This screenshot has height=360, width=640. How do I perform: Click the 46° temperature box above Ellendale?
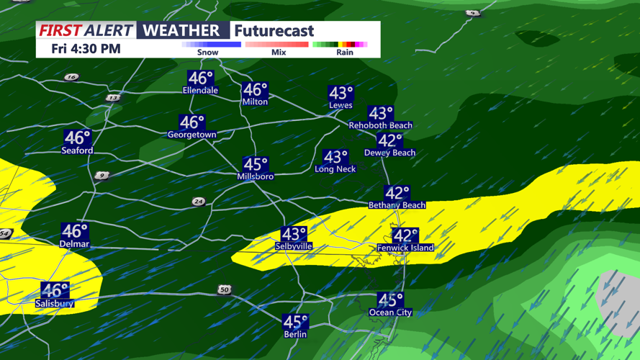pos(201,78)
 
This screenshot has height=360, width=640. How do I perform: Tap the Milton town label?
pos(255,102)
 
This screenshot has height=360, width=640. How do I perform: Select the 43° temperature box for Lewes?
pos(341,94)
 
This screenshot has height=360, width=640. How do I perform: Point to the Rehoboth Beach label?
pos(381,125)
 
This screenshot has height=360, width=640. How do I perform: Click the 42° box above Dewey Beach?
pos(390,140)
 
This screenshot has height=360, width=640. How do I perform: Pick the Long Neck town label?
pos(335,169)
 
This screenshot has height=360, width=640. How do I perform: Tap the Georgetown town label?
pos(192,135)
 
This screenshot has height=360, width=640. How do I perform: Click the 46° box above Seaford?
pos(78,138)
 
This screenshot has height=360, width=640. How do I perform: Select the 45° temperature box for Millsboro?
pos(256,165)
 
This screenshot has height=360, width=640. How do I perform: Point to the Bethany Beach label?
pos(397,205)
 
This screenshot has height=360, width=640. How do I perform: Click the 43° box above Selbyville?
pos(294,234)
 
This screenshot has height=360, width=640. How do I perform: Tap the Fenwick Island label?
pos(405,248)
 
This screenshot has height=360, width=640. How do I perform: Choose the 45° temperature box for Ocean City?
pos(391,300)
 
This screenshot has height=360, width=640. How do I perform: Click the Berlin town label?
pos(295,334)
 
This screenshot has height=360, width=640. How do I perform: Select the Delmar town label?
pos(75,244)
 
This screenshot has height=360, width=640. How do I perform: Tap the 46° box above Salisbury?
pos(55,290)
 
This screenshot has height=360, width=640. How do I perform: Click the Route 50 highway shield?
pos(225,289)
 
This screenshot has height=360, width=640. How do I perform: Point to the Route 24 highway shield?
pos(199,202)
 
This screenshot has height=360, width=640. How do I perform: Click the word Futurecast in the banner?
pos(274,31)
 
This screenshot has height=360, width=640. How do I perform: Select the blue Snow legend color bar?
pos(211,45)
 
